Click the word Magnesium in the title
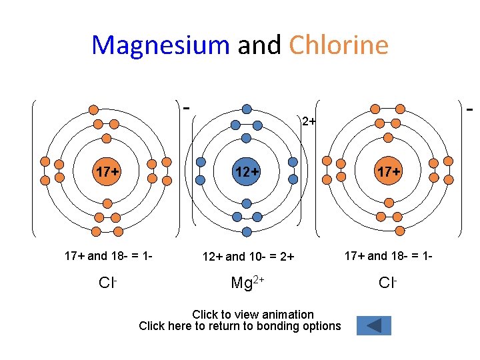click(x=161, y=45)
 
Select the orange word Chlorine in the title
click(x=339, y=45)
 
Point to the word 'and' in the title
click(x=259, y=45)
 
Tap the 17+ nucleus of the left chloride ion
click(x=107, y=171)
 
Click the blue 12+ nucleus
click(x=247, y=171)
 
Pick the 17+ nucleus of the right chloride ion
click(x=388, y=171)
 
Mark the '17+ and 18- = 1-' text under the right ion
click(x=387, y=255)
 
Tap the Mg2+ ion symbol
click(x=247, y=282)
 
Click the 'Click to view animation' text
click(x=253, y=314)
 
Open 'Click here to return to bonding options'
click(x=239, y=326)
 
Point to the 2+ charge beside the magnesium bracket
click(x=307, y=121)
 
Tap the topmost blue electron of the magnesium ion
click(x=247, y=109)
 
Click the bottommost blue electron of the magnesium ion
click(x=247, y=232)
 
